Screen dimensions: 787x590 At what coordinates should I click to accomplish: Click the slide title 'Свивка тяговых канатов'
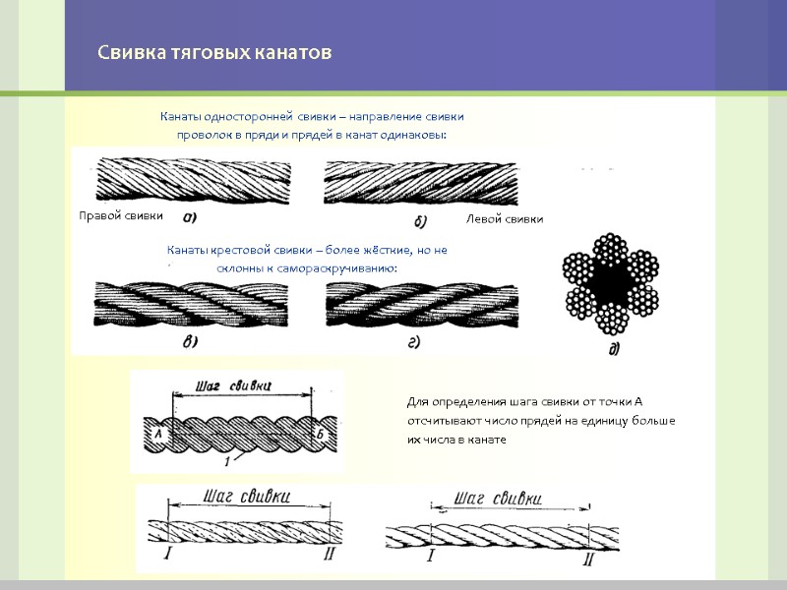(214, 51)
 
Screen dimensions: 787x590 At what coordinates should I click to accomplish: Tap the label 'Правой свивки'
(120, 215)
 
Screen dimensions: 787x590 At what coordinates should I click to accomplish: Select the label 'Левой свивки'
(505, 218)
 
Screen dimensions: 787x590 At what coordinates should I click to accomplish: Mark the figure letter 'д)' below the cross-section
(614, 349)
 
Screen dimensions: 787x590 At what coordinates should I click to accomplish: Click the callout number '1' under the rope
(227, 460)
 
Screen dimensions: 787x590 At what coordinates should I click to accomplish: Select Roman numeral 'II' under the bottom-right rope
(588, 560)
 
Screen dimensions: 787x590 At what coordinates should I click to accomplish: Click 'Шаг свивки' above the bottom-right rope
(499, 499)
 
